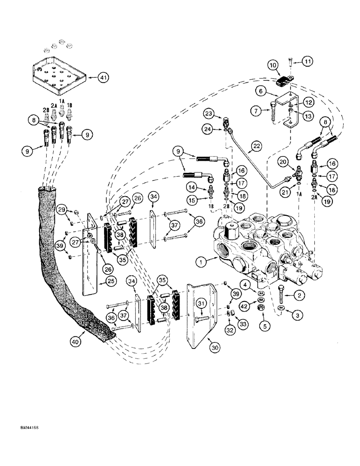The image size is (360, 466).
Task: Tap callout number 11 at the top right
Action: click(x=307, y=62)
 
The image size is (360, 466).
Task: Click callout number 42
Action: click(x=244, y=307)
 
